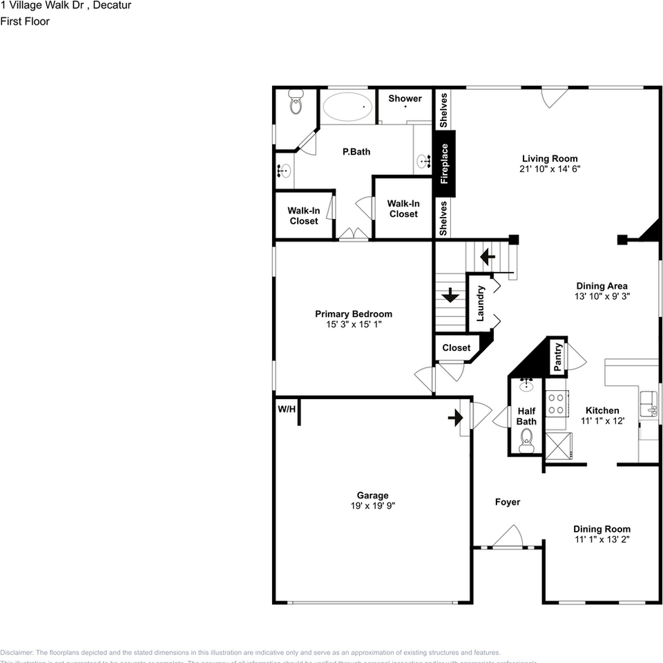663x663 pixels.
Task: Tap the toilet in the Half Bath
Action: point(527,438)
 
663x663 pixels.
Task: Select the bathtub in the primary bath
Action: point(347,107)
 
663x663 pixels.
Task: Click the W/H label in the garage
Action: point(287,410)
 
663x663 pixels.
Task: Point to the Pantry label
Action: point(558,356)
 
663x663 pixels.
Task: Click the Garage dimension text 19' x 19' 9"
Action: point(372,506)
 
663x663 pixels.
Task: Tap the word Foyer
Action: point(508,502)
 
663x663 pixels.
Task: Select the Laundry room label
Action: point(481,304)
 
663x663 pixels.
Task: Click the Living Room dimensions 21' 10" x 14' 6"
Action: point(550,169)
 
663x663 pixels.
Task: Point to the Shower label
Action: point(405,99)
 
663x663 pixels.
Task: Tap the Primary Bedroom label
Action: point(354,314)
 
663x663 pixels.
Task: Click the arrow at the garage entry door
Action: point(456,418)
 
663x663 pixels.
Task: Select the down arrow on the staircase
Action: point(450,296)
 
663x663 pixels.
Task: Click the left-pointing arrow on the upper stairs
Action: point(488,258)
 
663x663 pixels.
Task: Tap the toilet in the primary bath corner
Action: point(296,106)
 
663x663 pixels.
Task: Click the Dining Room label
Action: point(602,529)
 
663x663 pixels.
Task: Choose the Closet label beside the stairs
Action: point(457,348)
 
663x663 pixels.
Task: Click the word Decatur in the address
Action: point(110,6)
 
